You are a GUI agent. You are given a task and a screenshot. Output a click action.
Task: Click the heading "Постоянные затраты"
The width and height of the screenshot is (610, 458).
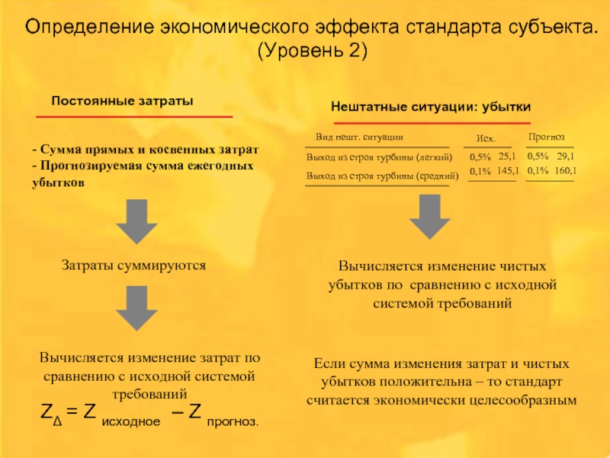[x=122, y=101]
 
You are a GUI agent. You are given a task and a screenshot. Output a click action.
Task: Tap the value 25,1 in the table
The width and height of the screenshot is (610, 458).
[x=507, y=156]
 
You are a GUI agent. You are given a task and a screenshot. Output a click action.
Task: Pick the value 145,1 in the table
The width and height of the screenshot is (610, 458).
[x=507, y=171]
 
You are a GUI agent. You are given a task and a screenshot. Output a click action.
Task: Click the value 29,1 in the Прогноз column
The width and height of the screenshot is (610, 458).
[x=565, y=156]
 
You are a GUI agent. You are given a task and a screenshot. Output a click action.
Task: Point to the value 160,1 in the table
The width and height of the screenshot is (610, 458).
[x=565, y=171]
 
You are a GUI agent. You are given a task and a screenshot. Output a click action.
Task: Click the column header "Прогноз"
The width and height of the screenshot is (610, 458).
[x=546, y=137]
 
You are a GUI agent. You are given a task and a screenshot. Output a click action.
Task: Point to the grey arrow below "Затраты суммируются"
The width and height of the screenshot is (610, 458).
[x=136, y=308]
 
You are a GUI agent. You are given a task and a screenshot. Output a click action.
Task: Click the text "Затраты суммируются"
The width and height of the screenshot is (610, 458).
[x=133, y=266]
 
